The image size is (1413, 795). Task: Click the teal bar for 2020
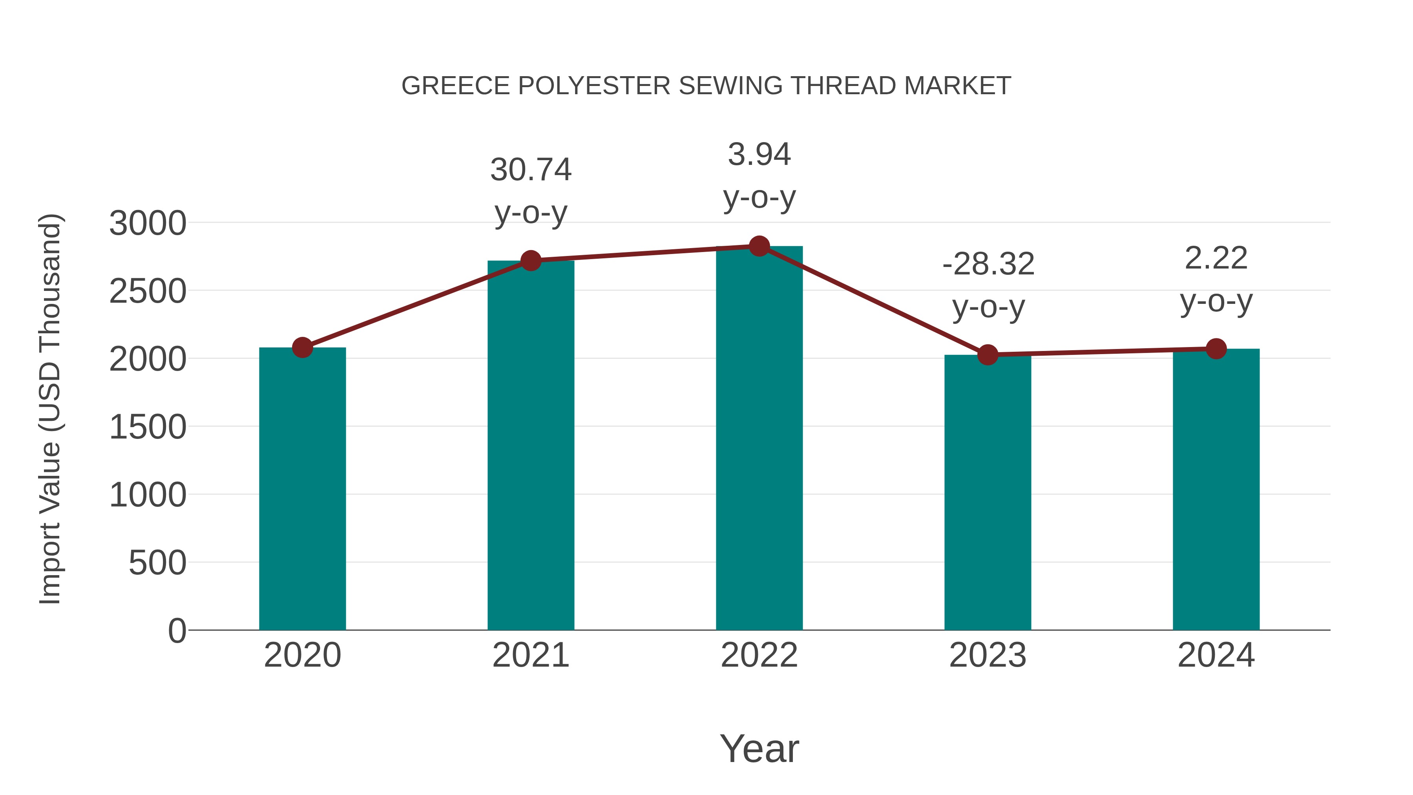click(x=302, y=488)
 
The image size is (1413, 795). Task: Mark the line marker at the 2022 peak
click(x=759, y=246)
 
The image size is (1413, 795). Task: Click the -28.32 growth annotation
click(x=988, y=265)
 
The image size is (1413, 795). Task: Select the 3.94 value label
click(x=759, y=154)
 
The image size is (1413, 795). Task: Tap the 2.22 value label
click(x=1216, y=258)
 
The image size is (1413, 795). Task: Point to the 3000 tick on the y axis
click(x=148, y=223)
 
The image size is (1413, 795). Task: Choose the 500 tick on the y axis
click(x=157, y=563)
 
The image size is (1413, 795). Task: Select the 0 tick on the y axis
click(x=177, y=631)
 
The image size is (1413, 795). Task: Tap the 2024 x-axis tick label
click(x=1216, y=655)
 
